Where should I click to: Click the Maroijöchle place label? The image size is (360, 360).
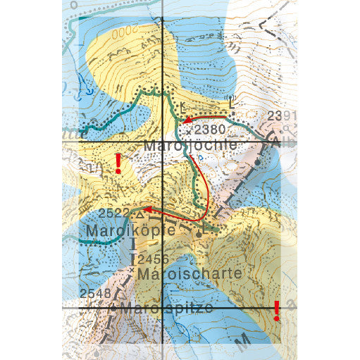click(189, 146)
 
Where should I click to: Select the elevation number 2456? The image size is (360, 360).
click(153, 259)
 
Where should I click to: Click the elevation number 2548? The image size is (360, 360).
click(95, 292)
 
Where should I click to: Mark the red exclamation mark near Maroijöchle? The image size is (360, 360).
click(118, 163)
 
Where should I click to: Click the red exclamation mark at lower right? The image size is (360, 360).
click(277, 310)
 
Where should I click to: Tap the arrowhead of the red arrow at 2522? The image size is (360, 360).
click(149, 209)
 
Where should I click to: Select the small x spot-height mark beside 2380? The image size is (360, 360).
click(190, 131)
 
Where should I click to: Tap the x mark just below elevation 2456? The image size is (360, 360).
click(134, 268)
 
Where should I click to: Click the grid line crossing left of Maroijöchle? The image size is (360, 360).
click(163, 141)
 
